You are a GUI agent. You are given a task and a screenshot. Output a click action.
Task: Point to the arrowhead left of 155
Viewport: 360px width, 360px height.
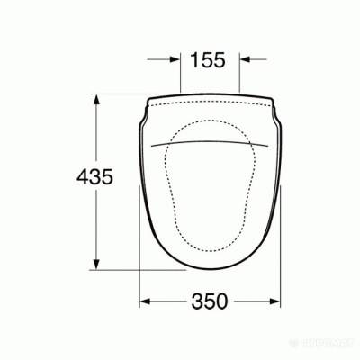coord(176,60)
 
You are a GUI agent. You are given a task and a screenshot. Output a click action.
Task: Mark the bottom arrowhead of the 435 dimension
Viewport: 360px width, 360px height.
coord(94,265)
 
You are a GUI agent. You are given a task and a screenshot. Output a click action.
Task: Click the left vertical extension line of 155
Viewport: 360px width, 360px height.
coord(180,76)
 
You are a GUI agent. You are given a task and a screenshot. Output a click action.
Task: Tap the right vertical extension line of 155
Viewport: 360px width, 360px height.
coord(239,76)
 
